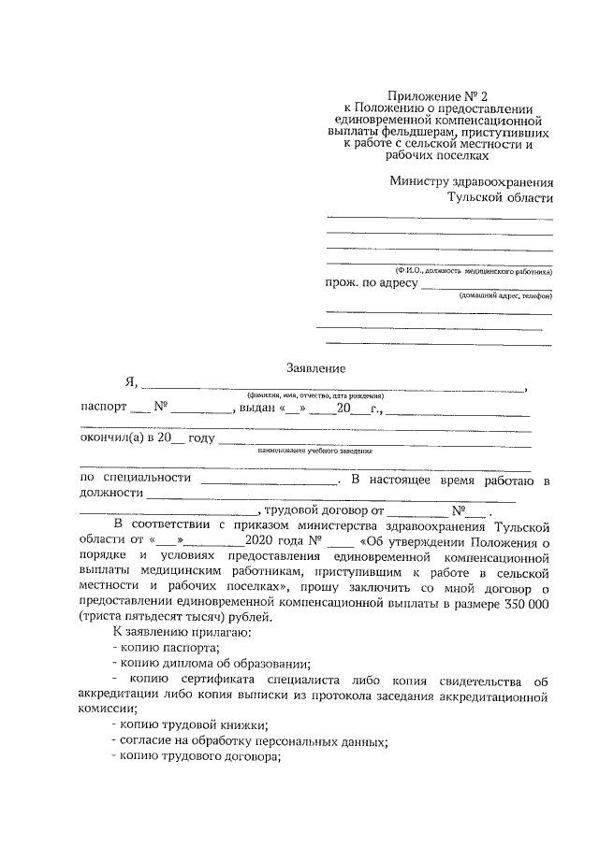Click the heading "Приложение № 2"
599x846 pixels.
click(x=438, y=95)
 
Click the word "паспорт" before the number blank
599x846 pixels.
click(x=101, y=409)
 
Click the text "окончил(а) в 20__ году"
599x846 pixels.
click(x=147, y=438)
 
